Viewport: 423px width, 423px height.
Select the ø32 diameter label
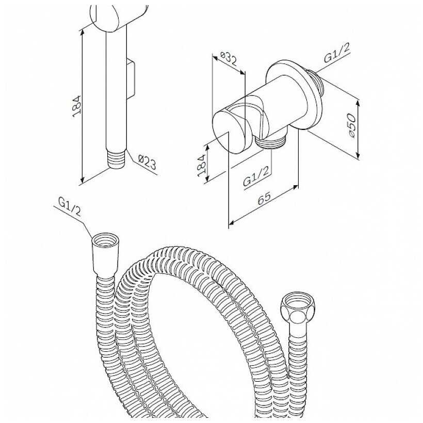pyautogui.click(x=229, y=59)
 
